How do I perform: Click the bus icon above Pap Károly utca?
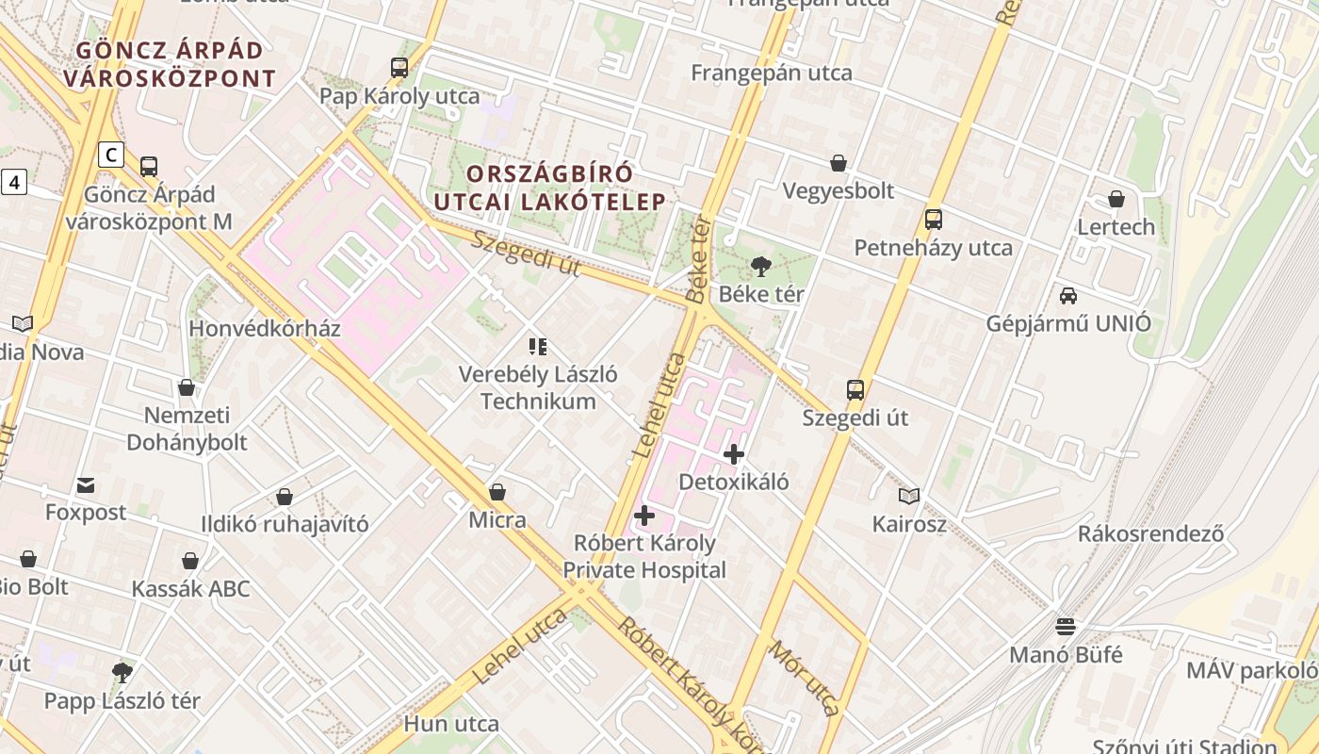399,68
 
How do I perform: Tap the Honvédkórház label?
264,329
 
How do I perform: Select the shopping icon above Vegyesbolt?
839,163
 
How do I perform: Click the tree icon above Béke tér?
761,266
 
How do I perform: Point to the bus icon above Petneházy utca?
934,220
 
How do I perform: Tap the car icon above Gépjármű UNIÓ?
1068,296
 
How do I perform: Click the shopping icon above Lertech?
1116,199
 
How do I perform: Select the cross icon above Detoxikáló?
734,454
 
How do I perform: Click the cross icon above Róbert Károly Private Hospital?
644,516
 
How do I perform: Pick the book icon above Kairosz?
909,496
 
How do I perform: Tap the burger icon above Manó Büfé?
1066,627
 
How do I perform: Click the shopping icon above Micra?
497,492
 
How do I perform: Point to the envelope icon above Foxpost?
86,485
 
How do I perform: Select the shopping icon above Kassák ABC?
190,562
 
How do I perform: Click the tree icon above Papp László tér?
122,673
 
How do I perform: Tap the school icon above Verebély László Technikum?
538,347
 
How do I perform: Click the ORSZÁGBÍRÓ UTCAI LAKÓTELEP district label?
550,188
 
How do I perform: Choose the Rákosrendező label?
1151,533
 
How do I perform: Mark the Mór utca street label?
804,678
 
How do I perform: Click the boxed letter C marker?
111,154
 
